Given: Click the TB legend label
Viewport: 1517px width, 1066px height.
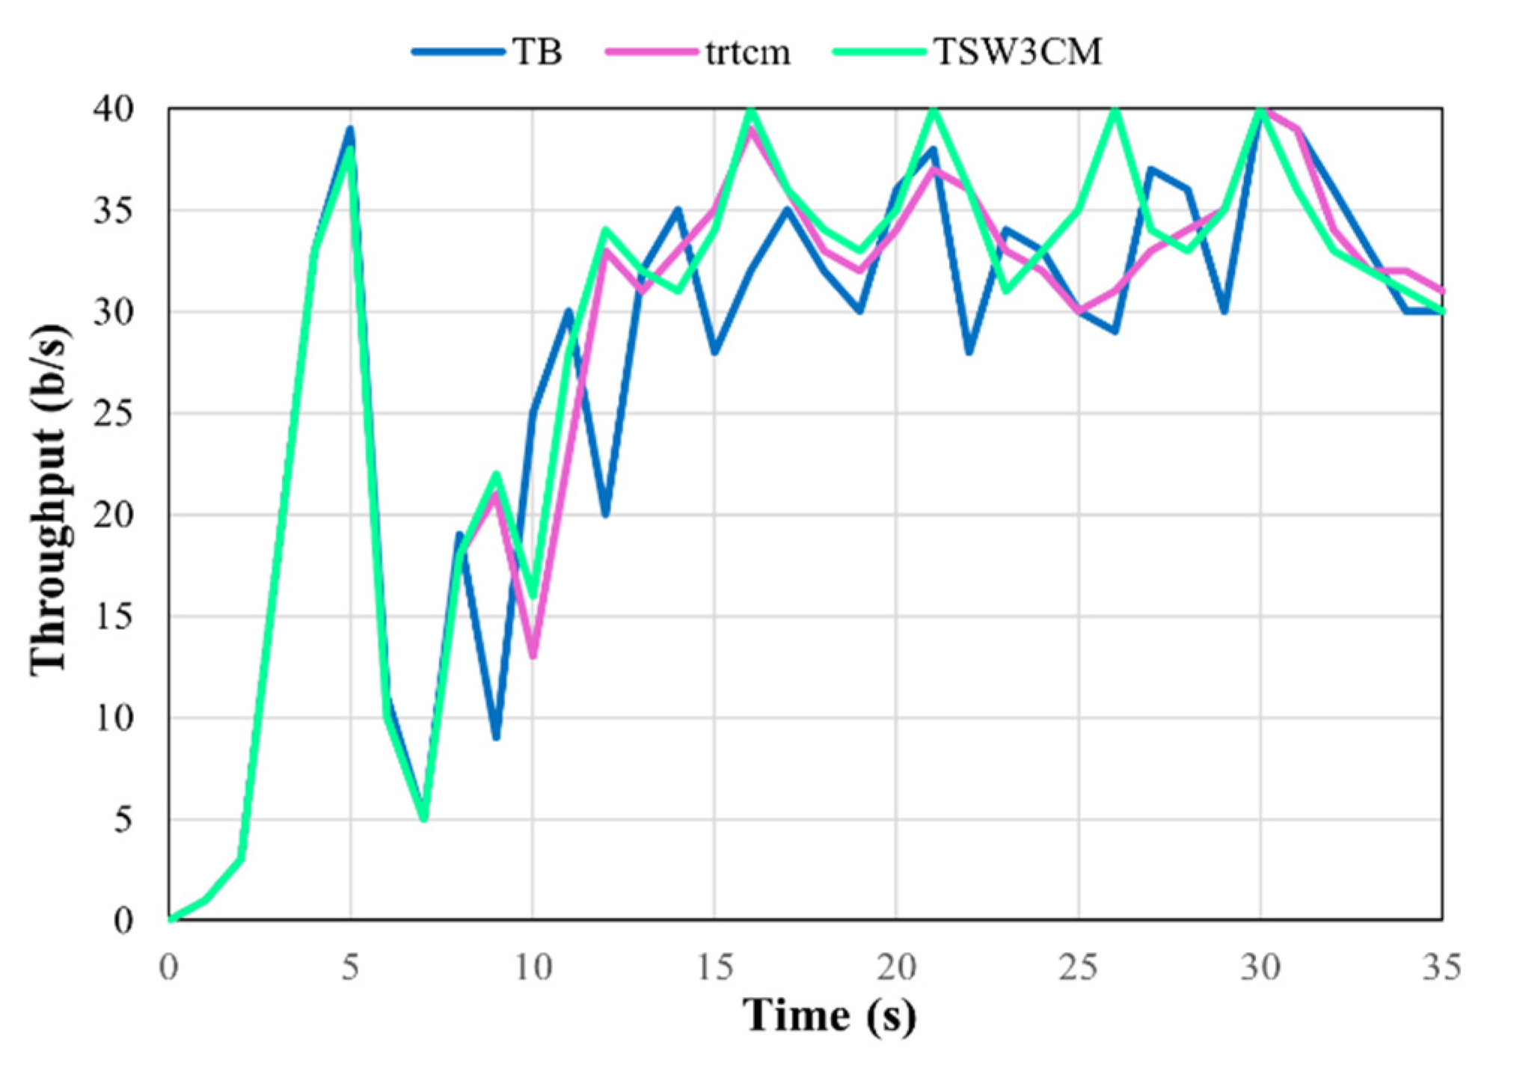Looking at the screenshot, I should pyautogui.click(x=537, y=52).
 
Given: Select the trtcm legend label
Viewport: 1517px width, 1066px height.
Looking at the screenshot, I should pyautogui.click(x=747, y=52).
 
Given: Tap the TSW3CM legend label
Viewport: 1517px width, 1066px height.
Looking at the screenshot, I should pyautogui.click(x=1018, y=52).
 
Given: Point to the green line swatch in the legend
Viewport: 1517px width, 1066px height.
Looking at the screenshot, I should pyautogui.click(x=880, y=52).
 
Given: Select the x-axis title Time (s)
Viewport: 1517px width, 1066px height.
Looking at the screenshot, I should pyautogui.click(x=829, y=1016).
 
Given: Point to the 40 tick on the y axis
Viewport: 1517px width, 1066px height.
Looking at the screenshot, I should pyautogui.click(x=114, y=109).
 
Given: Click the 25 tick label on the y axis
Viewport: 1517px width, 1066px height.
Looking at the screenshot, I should pyautogui.click(x=114, y=414).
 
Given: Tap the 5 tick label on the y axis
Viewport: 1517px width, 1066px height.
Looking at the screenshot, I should pyautogui.click(x=123, y=820).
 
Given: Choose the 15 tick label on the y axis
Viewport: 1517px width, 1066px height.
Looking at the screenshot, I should pyautogui.click(x=114, y=616).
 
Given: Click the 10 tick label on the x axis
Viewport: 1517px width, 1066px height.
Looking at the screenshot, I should pyautogui.click(x=533, y=968).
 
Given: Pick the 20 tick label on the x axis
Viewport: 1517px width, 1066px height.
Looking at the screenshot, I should pyautogui.click(x=896, y=968).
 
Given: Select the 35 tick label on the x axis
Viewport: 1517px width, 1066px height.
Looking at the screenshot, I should pyautogui.click(x=1441, y=968).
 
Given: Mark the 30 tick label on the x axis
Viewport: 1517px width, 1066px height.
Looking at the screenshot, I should pyautogui.click(x=1260, y=968).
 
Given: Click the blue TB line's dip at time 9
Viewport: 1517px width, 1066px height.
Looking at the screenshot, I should pyautogui.click(x=497, y=737).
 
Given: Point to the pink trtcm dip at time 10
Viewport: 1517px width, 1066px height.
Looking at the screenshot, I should pyautogui.click(x=533, y=655).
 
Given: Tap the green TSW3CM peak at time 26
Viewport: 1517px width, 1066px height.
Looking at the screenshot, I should pyautogui.click(x=1115, y=111).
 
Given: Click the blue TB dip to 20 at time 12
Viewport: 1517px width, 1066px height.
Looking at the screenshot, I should pyautogui.click(x=606, y=515).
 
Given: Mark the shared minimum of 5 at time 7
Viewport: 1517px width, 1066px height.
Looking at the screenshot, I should pyautogui.click(x=424, y=818).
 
